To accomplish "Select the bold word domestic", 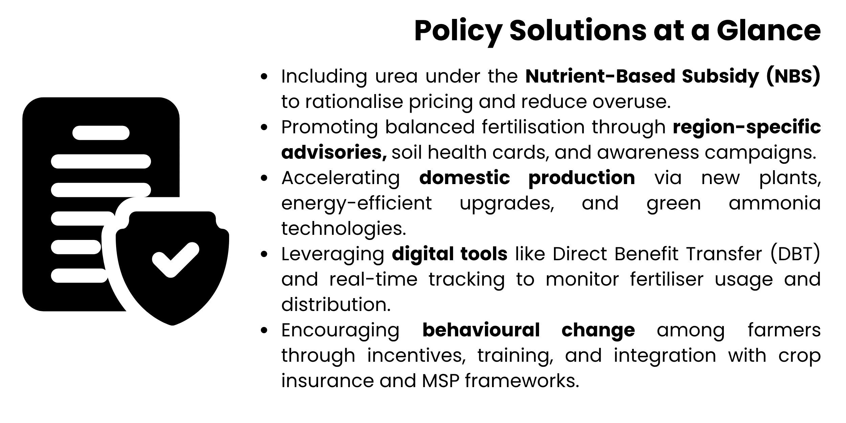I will coord(464,178).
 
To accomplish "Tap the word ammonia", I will coord(775,203).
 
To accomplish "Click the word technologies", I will coord(343,229).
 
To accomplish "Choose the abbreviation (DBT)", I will coord(795,254).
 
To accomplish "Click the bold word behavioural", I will coord(481,330).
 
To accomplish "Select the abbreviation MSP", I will coord(440,381).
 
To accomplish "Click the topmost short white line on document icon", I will coord(101,133).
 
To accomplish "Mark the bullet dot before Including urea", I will coord(264,76).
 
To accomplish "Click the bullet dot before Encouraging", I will coord(264,331).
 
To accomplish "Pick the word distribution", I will coord(336,305).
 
